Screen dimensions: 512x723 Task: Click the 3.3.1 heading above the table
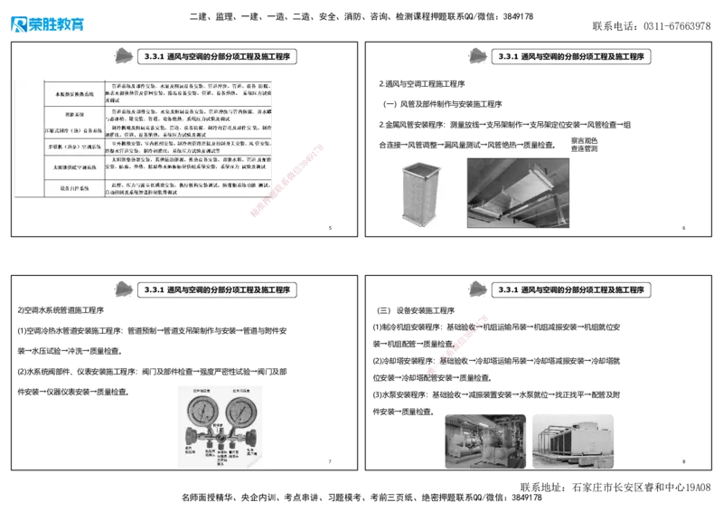(218, 56)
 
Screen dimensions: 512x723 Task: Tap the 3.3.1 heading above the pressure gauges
(218, 289)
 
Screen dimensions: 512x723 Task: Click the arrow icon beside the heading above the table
(119, 56)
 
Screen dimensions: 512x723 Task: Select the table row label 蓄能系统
(75, 116)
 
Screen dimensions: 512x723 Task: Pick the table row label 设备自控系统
(75, 189)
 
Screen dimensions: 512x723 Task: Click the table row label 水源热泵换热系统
(75, 93)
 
